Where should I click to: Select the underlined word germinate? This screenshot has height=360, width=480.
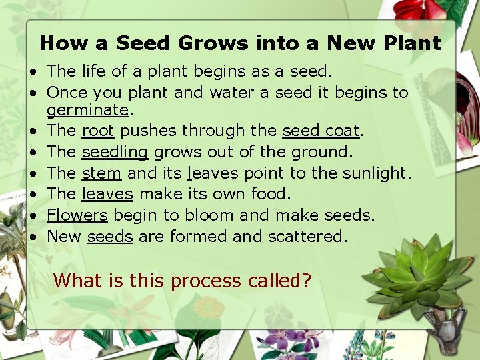pos(87,109)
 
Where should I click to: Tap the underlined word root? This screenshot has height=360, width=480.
pos(97,131)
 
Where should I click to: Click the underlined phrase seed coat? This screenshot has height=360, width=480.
pos(321,131)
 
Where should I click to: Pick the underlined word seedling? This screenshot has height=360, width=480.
pos(115,152)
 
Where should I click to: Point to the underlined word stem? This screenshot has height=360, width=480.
pos(101,173)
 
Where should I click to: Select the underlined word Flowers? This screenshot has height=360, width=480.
pos(77,215)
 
